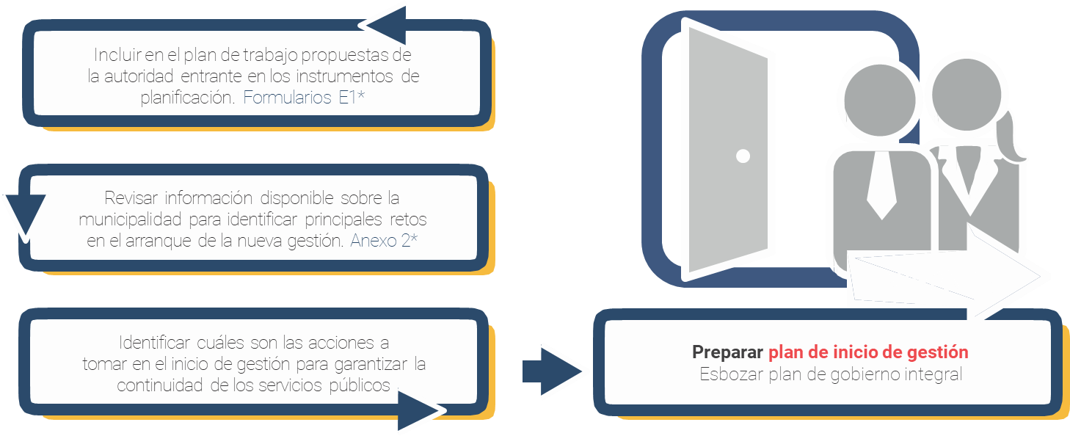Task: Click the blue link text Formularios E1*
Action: [x=304, y=98]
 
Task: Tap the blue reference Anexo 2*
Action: [x=385, y=241]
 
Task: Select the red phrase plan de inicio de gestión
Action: [x=868, y=352]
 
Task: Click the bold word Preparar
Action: [x=727, y=352]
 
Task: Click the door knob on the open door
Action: [x=743, y=156]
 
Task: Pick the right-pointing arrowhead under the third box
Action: [x=421, y=410]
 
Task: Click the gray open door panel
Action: [x=727, y=147]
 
